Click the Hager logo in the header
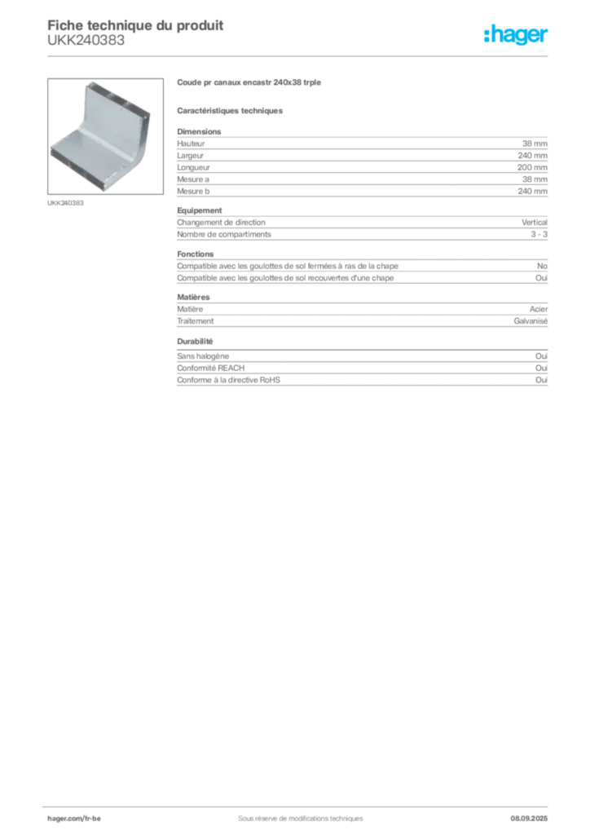point(516,34)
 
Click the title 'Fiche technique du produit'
point(135,25)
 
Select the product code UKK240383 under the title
point(86,41)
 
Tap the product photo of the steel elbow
point(105,136)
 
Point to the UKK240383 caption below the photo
point(65,203)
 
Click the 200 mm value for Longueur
point(532,167)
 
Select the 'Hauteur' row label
point(191,144)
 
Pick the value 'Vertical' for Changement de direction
point(534,222)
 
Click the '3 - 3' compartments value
point(539,234)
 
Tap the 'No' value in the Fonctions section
point(542,266)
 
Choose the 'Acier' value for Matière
point(539,309)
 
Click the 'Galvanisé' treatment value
point(531,321)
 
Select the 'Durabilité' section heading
point(195,342)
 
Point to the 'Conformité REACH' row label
point(211,368)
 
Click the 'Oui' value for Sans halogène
point(541,356)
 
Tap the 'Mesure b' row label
point(193,191)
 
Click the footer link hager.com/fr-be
point(74,819)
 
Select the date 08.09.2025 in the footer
point(529,819)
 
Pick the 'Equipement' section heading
point(200,210)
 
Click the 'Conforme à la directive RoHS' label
point(228,380)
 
